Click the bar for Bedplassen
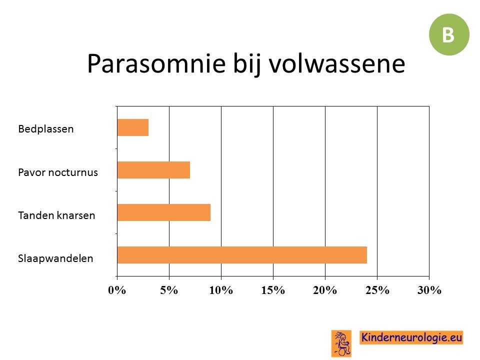pyautogui.click(x=133, y=127)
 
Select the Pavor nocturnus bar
pyautogui.click(x=153, y=170)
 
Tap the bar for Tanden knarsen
pyautogui.click(x=164, y=212)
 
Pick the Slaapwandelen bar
pyautogui.click(x=242, y=255)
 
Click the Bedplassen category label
pyautogui.click(x=46, y=129)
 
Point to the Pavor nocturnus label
pyautogui.click(x=58, y=172)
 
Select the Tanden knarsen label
pyautogui.click(x=56, y=215)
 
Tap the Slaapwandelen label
pyautogui.click(x=55, y=258)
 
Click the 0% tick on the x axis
pyautogui.click(x=117, y=290)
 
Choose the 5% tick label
pyautogui.click(x=169, y=290)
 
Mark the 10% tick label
pyautogui.click(x=221, y=290)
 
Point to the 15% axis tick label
pyautogui.click(x=273, y=290)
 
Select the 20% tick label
pyautogui.click(x=325, y=290)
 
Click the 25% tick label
pyautogui.click(x=377, y=290)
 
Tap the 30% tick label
pyautogui.click(x=429, y=290)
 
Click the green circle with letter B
pyautogui.click(x=449, y=34)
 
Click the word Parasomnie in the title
pyautogui.click(x=156, y=63)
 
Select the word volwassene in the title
pyautogui.click(x=337, y=63)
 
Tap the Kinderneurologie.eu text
pyautogui.click(x=411, y=337)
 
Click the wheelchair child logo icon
pyautogui.click(x=341, y=343)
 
